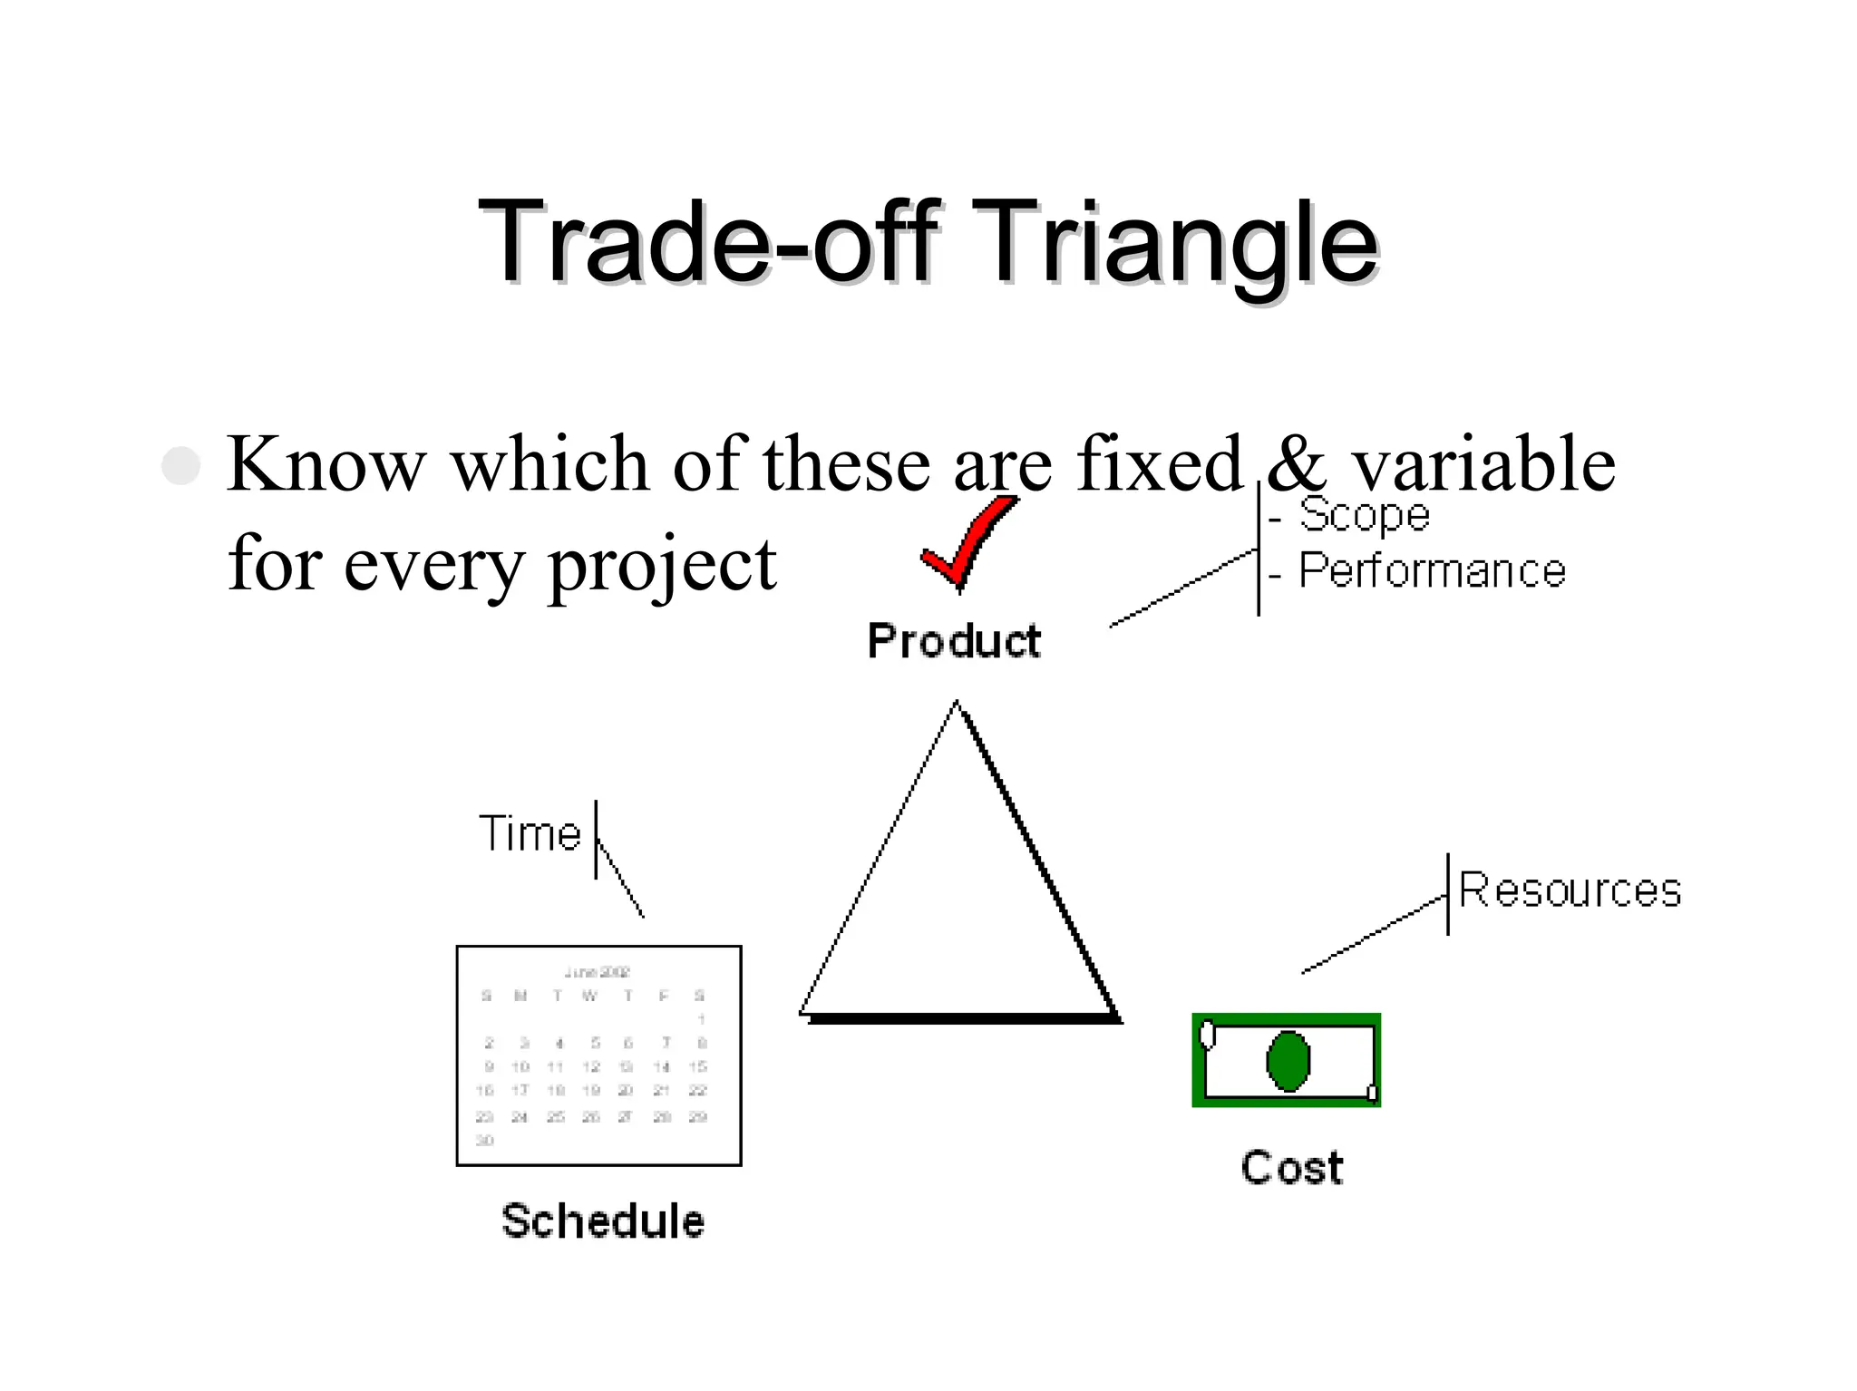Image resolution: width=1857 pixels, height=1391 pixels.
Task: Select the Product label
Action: [954, 641]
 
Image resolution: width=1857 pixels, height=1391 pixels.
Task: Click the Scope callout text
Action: [1364, 515]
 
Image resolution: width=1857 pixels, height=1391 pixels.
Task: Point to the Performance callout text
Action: [1431, 571]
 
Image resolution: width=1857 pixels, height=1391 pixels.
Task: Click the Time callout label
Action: [530, 834]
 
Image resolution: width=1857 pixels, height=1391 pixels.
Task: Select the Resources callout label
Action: [1570, 890]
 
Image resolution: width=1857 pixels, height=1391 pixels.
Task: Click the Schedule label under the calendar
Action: [602, 1221]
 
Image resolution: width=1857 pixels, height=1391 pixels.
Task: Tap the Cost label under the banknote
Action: [1291, 1167]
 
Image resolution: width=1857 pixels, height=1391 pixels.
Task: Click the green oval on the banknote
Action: [1288, 1060]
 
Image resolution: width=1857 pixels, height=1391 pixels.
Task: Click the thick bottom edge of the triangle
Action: [963, 1018]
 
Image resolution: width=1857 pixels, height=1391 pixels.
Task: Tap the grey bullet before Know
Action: [180, 465]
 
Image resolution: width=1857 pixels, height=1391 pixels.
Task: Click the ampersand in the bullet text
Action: [1296, 463]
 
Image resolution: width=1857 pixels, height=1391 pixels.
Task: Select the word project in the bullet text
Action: [662, 564]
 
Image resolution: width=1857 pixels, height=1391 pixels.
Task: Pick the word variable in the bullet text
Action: [1483, 463]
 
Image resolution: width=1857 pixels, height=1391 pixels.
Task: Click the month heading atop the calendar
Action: [597, 972]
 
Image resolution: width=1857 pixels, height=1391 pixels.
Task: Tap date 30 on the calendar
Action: [485, 1140]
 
